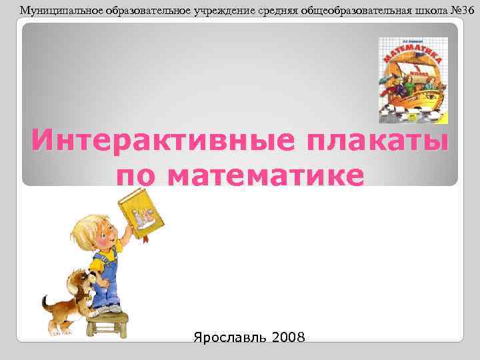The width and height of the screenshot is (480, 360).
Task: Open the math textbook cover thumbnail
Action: pyautogui.click(x=413, y=81)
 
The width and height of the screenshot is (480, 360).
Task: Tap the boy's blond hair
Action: pyautogui.click(x=89, y=223)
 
